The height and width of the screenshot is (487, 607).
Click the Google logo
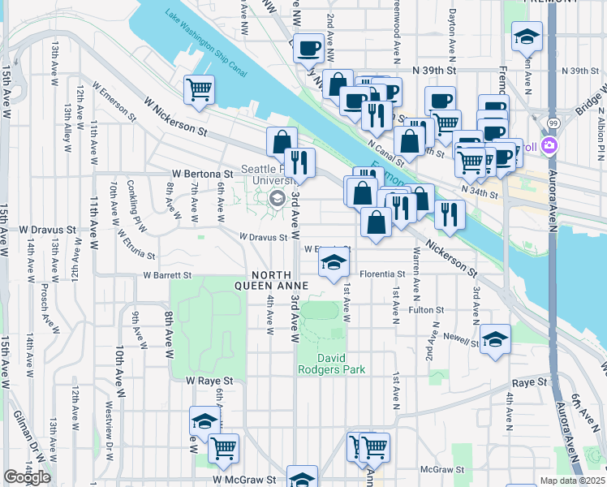(x=27, y=477)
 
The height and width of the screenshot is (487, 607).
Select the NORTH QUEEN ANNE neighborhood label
(x=271, y=280)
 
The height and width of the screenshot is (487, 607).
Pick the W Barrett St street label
(x=167, y=275)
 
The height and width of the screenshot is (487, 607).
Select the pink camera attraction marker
(x=549, y=146)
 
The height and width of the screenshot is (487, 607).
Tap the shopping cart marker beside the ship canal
(x=199, y=89)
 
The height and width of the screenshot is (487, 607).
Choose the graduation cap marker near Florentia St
(x=332, y=264)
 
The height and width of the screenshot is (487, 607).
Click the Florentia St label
(x=382, y=274)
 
